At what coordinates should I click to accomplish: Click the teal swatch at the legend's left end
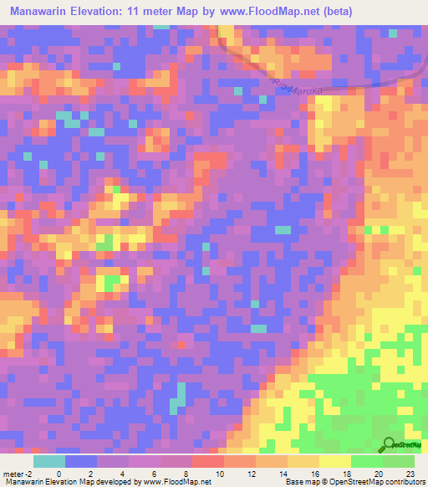coord(49,460)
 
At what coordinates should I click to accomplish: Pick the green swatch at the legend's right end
coord(398,460)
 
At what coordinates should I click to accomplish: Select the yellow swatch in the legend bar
coord(334,460)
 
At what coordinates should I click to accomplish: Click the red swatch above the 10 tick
coord(207,460)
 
